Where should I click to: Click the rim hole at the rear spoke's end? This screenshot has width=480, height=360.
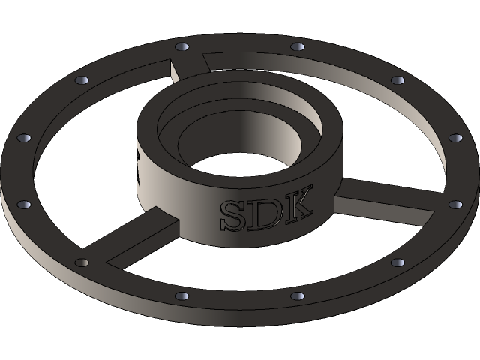click(x=180, y=47)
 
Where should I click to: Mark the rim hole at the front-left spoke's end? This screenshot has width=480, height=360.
click(x=82, y=263)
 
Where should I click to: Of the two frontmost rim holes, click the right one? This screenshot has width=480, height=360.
click(x=297, y=295)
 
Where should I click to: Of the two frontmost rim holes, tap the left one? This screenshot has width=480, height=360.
click(x=180, y=295)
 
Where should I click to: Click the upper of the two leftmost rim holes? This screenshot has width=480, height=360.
click(x=23, y=139)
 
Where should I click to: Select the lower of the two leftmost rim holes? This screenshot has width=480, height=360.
click(x=23, y=203)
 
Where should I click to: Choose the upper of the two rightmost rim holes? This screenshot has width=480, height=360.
click(x=455, y=138)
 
